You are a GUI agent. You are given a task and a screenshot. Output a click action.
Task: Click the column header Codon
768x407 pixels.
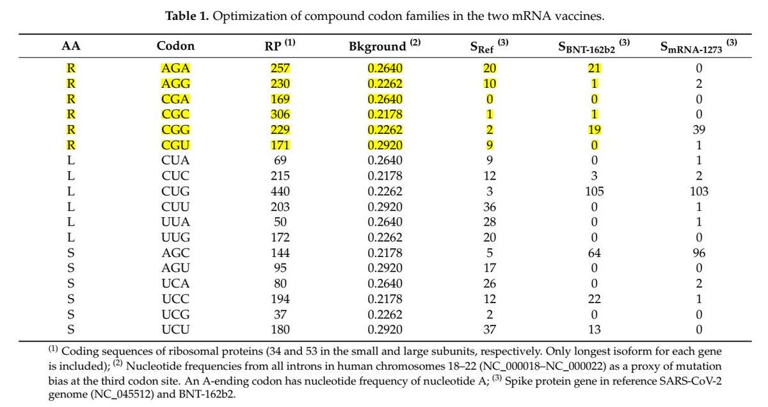point(175,46)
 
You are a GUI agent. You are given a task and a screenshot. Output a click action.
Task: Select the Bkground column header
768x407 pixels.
point(385,46)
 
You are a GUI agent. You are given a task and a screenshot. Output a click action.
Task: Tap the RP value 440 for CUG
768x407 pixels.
point(280,191)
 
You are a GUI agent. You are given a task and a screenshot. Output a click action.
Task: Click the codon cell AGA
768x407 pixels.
point(175,69)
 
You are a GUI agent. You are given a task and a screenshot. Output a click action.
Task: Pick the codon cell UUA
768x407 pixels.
point(175,222)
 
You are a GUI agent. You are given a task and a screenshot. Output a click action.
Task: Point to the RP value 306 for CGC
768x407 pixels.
point(280,115)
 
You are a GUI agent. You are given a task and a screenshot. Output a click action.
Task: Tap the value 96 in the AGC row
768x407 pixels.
point(699,253)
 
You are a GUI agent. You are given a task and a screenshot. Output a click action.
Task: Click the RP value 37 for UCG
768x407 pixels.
point(280,314)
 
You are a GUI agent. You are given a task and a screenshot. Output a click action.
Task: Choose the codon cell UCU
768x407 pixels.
point(175,329)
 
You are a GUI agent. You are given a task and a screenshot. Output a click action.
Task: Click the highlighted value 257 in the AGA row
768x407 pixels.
point(280,69)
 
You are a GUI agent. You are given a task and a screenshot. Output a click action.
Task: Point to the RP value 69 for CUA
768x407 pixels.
point(280,161)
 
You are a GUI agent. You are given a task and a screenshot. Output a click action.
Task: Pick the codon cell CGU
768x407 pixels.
point(175,145)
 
